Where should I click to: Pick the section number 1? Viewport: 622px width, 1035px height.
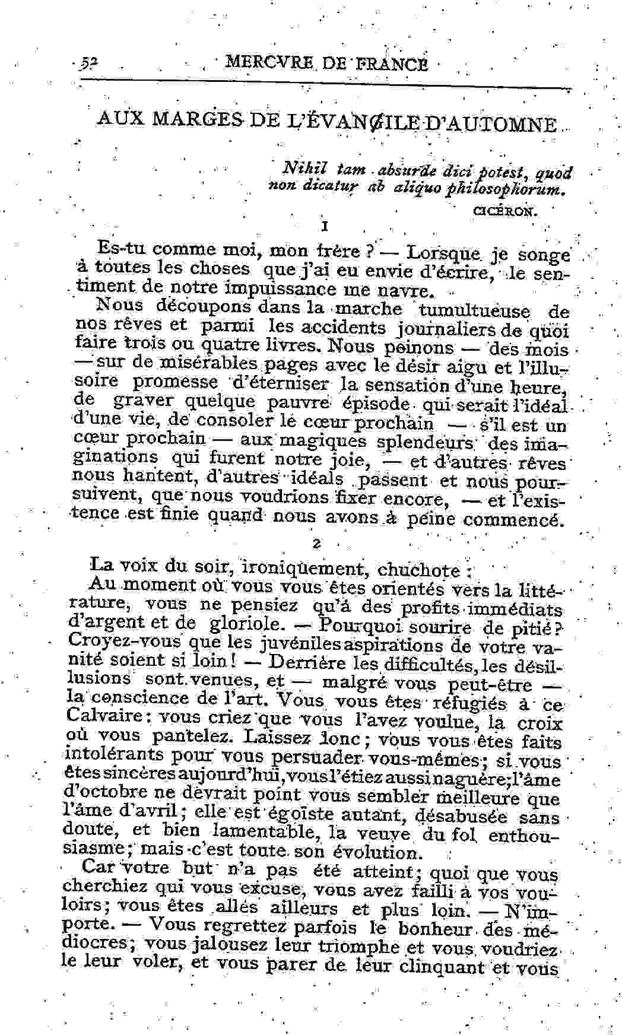(x=323, y=227)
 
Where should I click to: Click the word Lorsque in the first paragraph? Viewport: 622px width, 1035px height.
(x=443, y=252)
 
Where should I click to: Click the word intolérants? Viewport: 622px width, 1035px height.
(x=115, y=755)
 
